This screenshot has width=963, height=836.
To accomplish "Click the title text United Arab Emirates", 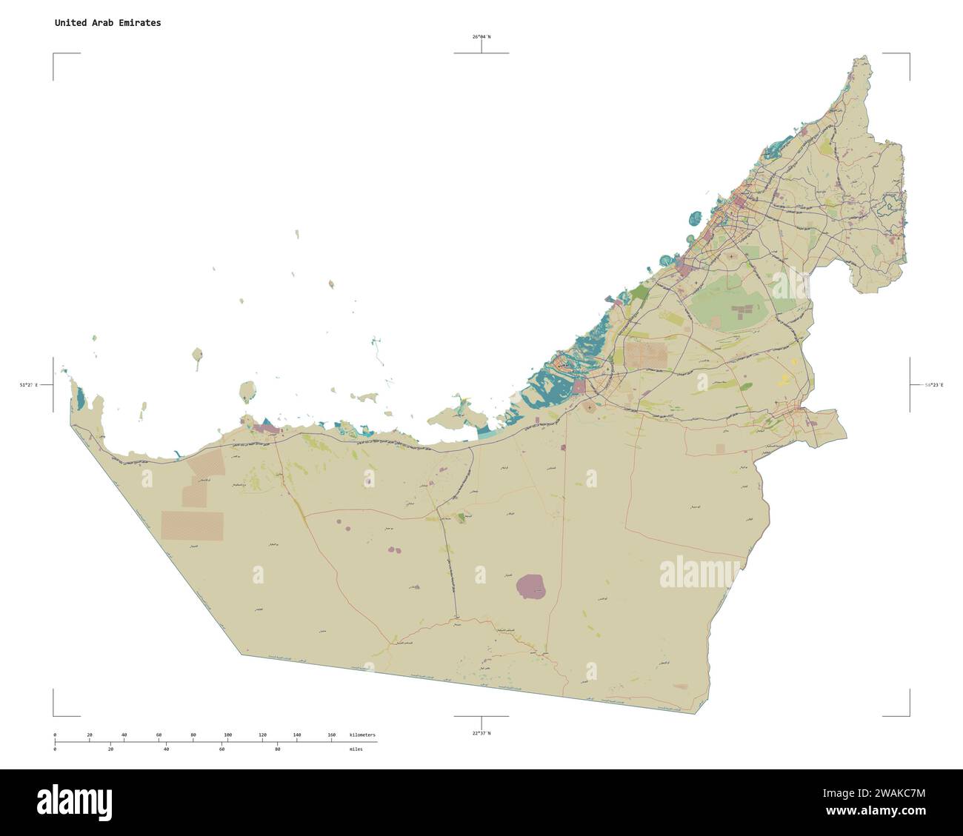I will pyautogui.click(x=107, y=23).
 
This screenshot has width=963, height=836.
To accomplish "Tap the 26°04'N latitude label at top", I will pyautogui.click(x=481, y=36).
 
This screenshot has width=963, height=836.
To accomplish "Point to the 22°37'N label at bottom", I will pyautogui.click(x=481, y=733).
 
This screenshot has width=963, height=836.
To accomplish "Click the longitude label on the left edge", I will pyautogui.click(x=28, y=385).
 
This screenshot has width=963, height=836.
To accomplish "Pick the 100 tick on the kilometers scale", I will pyautogui.click(x=228, y=735).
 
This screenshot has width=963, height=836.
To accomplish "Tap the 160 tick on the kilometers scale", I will pyautogui.click(x=331, y=735).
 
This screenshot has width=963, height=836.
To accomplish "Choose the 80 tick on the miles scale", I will pyautogui.click(x=277, y=749).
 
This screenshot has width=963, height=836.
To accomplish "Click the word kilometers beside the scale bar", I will pyautogui.click(x=362, y=735).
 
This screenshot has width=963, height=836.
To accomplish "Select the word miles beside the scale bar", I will pyautogui.click(x=356, y=749).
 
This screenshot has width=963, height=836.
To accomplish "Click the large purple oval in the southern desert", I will pyautogui.click(x=531, y=586).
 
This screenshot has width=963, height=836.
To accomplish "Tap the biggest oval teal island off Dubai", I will pyautogui.click(x=694, y=218).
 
